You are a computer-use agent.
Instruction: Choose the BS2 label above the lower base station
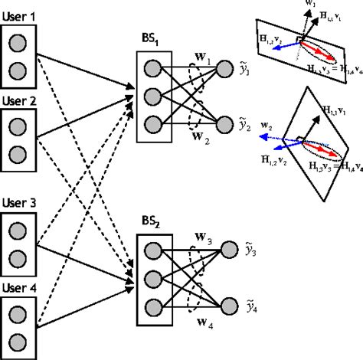coord(151,223)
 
